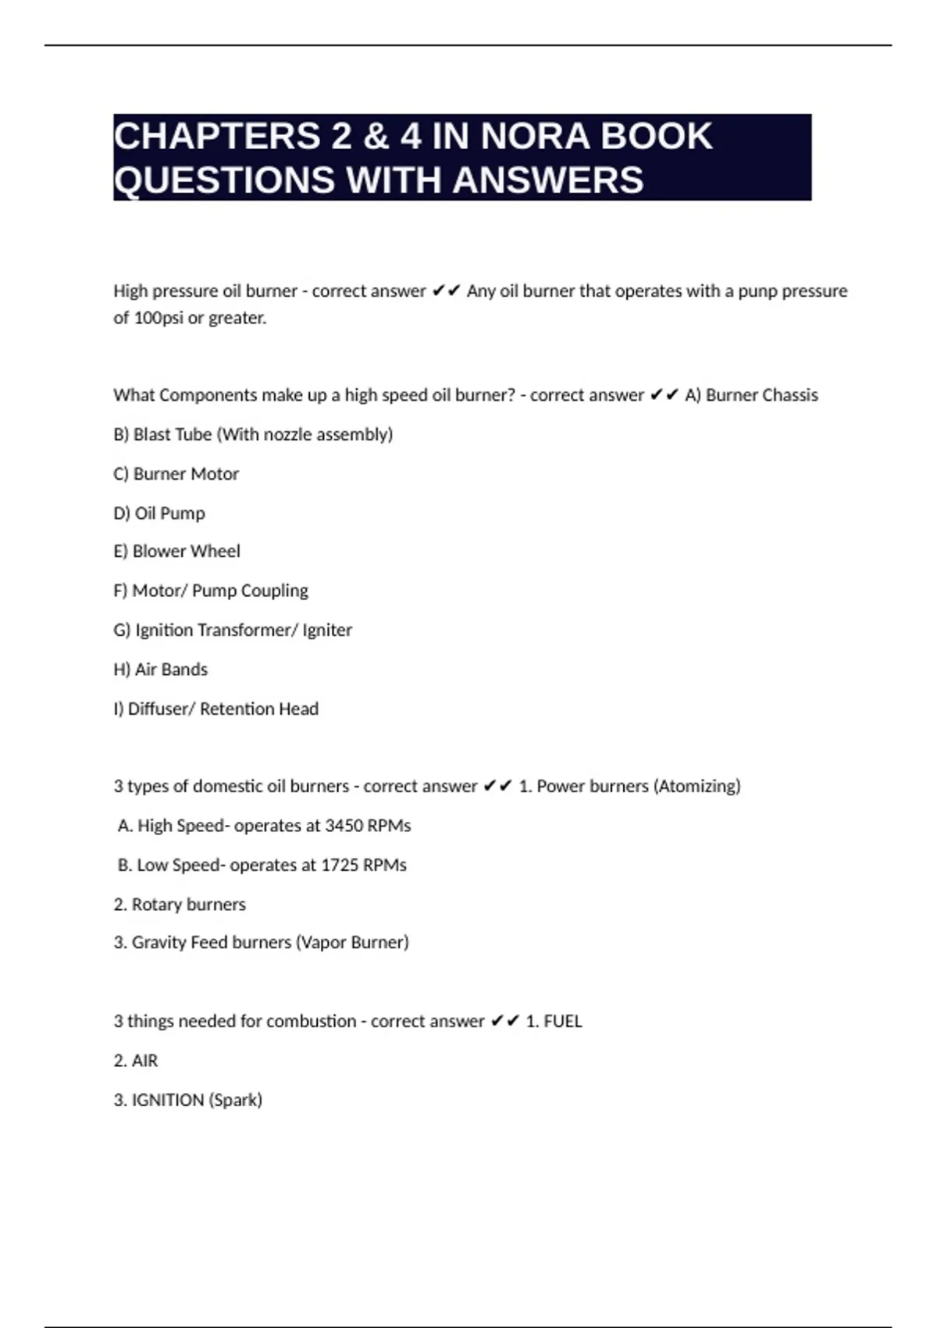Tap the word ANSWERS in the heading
click(x=548, y=180)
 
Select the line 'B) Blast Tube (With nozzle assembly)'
click(x=253, y=434)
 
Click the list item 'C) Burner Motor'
click(x=176, y=474)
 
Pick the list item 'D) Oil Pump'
click(x=159, y=513)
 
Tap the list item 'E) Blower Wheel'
click(x=176, y=552)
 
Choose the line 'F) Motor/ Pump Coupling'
click(x=211, y=591)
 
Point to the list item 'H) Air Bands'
click(x=161, y=669)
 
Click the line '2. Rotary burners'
click(x=180, y=905)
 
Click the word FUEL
click(x=563, y=1021)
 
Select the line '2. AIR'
click(x=136, y=1061)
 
